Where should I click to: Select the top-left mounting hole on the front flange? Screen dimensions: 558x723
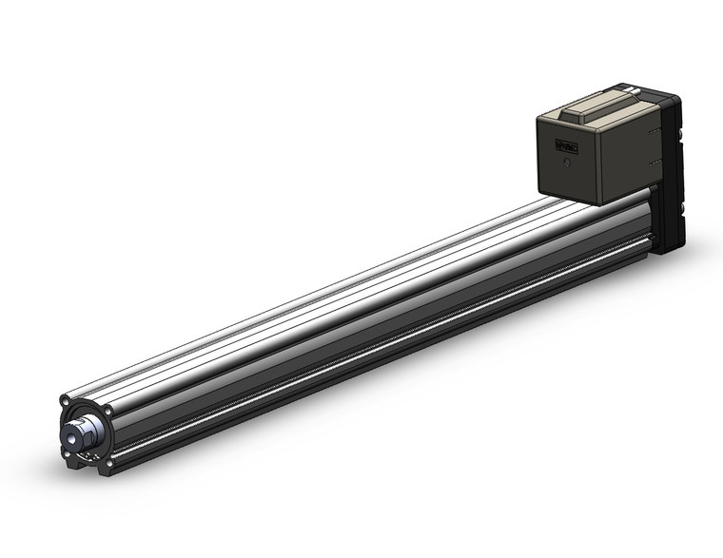64,399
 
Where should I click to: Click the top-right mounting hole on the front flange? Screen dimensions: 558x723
107,411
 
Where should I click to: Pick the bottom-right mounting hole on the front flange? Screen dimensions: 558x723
109,463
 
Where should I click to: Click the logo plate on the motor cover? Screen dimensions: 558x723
568,147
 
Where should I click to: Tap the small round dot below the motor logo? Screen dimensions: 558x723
569,164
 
